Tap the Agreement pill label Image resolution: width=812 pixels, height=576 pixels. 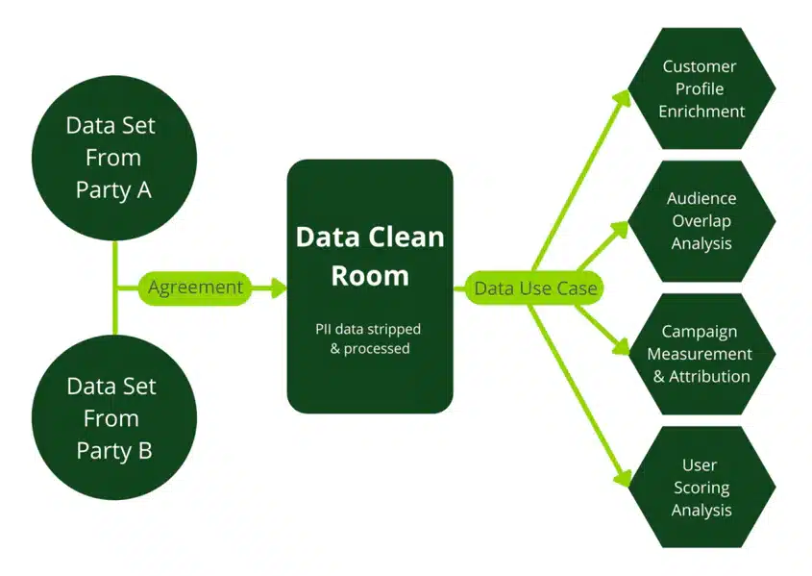195,288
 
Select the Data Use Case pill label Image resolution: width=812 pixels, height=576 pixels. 535,288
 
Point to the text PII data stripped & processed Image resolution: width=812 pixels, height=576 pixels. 370,338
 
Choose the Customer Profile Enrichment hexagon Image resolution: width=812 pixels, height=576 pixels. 701,88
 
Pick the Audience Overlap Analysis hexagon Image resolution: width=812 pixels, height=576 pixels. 701,220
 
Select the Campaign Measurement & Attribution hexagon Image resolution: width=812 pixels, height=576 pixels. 701,353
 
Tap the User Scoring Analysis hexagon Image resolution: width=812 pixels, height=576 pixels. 701,488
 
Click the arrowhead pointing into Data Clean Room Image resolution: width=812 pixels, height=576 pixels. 280,288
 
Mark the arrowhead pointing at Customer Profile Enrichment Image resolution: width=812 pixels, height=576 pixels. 624,96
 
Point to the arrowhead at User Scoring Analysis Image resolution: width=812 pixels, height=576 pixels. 624,478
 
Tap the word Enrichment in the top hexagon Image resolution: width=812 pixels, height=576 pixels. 701,112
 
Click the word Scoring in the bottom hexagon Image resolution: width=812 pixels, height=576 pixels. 701,488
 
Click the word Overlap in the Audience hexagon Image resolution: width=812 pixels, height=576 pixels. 701,220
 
